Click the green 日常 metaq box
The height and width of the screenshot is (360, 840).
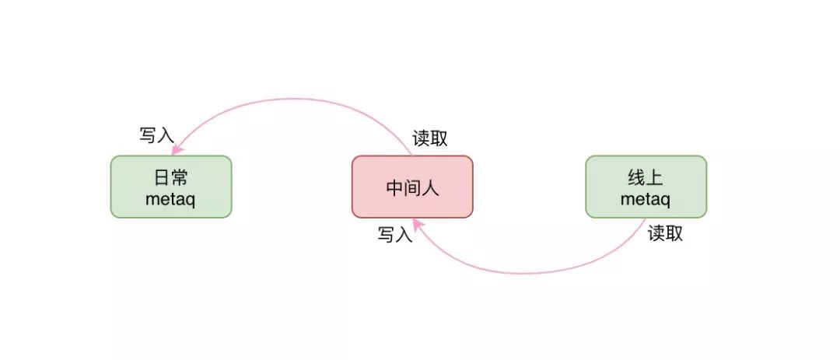tap(170, 187)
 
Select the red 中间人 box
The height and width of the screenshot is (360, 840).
tap(412, 187)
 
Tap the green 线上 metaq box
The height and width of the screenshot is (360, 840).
tap(646, 187)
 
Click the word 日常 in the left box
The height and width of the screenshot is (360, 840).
tap(170, 178)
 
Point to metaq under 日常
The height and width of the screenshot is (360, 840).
tap(170, 198)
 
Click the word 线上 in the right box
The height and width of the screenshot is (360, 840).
tap(646, 178)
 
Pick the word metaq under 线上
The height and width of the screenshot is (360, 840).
tap(646, 198)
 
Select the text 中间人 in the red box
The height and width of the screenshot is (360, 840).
tap(412, 187)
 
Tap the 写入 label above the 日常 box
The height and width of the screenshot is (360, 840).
tap(156, 134)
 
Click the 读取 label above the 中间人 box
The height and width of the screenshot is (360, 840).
tap(430, 138)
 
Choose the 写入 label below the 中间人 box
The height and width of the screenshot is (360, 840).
tap(395, 234)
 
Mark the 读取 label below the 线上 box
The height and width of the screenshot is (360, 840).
tap(666, 233)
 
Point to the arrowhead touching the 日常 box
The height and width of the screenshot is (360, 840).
tap(177, 149)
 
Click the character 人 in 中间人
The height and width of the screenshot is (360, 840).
tap(430, 187)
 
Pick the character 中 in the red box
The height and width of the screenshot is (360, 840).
tap(394, 187)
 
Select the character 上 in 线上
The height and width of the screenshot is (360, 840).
tap(655, 178)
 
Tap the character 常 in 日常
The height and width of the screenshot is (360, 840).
tap(180, 178)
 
